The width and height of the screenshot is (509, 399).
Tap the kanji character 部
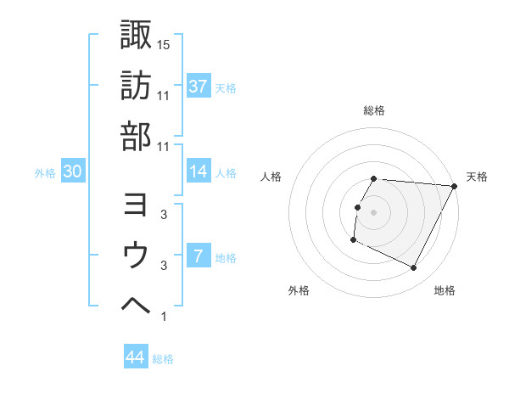(x=136, y=135)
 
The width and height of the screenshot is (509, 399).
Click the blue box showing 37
(x=198, y=87)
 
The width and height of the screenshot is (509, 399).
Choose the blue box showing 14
(x=198, y=171)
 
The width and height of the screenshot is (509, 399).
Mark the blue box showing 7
(x=198, y=256)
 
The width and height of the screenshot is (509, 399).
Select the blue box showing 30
(x=72, y=171)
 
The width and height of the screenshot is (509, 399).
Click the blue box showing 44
(x=136, y=357)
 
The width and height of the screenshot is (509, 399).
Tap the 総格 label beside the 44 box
(x=163, y=359)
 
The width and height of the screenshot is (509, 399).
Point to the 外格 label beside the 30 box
(x=45, y=173)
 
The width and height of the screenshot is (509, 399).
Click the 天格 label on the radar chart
(x=477, y=177)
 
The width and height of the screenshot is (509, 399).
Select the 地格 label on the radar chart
(x=445, y=291)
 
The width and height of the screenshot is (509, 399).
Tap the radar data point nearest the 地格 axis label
(x=414, y=268)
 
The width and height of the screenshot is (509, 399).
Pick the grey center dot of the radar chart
(x=373, y=212)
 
